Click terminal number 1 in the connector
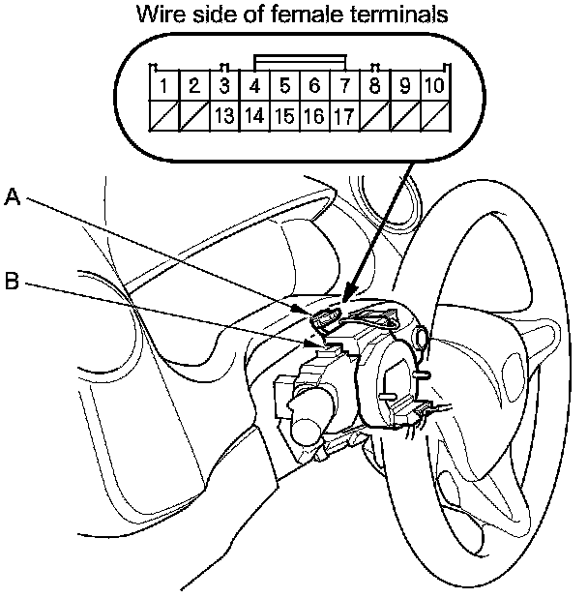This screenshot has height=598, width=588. (x=164, y=87)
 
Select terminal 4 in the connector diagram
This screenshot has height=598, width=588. (x=254, y=87)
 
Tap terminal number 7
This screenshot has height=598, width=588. (x=344, y=87)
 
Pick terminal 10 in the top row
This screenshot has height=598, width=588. (x=434, y=87)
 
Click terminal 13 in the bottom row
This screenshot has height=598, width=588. (x=224, y=117)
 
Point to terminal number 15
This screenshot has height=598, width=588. (x=284, y=117)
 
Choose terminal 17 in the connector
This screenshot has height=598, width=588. (x=344, y=117)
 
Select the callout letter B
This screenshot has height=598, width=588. (x=13, y=282)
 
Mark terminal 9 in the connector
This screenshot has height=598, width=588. (x=404, y=87)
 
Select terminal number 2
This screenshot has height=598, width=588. (x=194, y=87)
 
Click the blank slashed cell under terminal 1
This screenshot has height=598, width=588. (x=164, y=117)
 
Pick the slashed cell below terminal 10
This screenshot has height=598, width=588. (x=434, y=117)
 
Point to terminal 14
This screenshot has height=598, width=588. (x=254, y=117)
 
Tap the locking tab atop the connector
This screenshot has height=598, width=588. (x=299, y=60)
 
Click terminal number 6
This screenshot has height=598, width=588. (x=314, y=87)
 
